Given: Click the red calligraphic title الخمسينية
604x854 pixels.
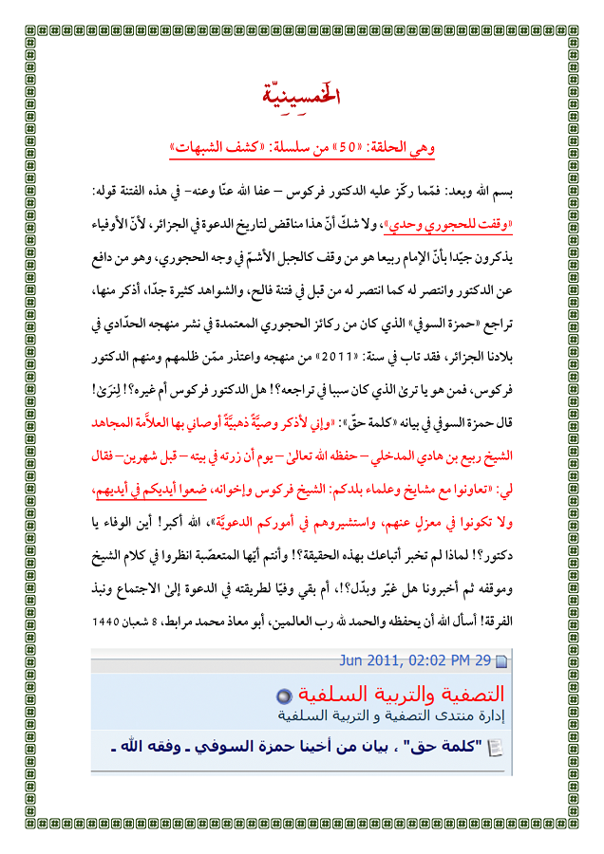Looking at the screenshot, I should tap(301, 97).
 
